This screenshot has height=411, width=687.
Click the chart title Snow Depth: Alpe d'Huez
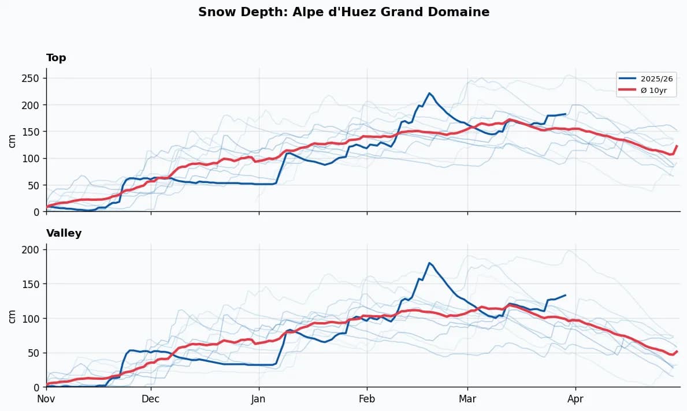[x=343, y=12]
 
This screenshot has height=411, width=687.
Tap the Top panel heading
[x=56, y=58]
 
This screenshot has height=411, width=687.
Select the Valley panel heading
[x=64, y=233]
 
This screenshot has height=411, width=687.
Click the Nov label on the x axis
[x=46, y=398]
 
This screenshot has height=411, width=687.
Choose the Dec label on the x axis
[x=151, y=398]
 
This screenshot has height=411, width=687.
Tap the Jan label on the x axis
[x=259, y=398]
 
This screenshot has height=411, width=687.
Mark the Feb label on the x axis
[x=367, y=398]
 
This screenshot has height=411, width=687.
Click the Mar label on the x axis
[x=467, y=398]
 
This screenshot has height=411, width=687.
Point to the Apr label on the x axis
[x=575, y=398]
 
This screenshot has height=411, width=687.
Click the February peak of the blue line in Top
[x=429, y=93]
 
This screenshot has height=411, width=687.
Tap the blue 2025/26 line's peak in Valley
[x=429, y=263]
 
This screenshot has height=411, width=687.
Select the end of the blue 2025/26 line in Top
[x=565, y=114]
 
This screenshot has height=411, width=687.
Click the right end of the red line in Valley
[x=677, y=351]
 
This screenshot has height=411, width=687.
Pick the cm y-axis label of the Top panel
[x=12, y=140]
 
